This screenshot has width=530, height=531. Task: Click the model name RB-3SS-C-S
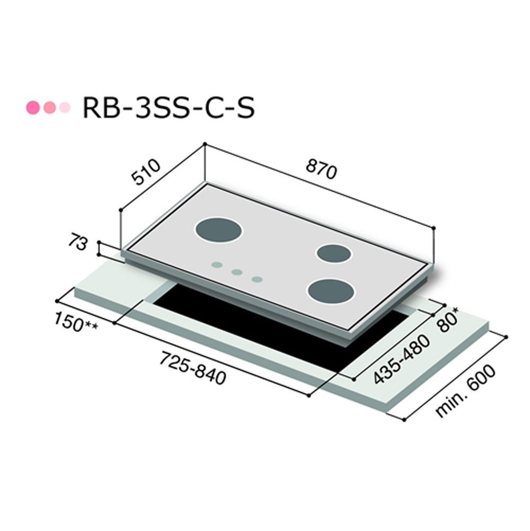(169, 108)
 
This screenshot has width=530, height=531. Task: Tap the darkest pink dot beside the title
(33, 108)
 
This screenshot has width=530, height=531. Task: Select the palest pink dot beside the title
(65, 108)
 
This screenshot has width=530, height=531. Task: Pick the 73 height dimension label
(78, 242)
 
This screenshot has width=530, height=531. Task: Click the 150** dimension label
(76, 322)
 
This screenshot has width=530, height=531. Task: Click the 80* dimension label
(448, 320)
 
